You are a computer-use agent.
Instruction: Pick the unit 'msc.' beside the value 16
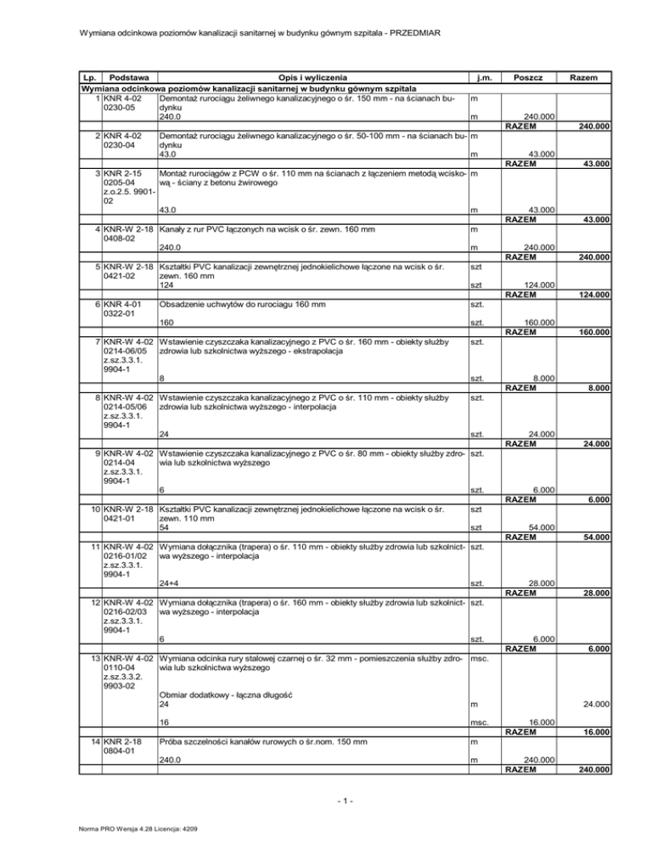click(480, 723)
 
